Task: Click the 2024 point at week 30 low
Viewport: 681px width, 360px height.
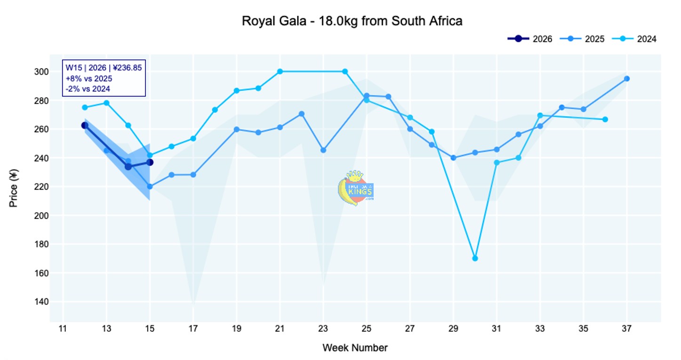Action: coord(475,258)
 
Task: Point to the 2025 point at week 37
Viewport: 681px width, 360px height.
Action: coord(627,79)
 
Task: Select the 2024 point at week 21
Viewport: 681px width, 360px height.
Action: coord(280,72)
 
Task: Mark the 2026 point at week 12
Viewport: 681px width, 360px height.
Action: coord(85,125)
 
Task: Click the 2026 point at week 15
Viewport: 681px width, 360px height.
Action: coord(150,162)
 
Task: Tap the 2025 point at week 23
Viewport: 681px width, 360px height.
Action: coord(323,150)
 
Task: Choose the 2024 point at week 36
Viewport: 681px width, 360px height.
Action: coord(605,119)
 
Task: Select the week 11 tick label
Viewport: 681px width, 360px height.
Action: coord(63,328)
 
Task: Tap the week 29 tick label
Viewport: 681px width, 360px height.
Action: coord(453,328)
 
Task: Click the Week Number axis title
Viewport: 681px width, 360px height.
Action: coord(355,348)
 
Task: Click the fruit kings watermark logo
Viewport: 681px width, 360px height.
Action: coord(356,188)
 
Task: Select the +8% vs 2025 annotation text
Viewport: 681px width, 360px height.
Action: coord(89,78)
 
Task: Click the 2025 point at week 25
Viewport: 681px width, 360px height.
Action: coord(367,96)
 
